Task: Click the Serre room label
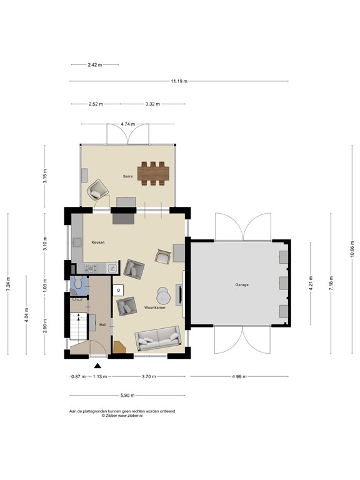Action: point(127,176)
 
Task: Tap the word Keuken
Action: point(98,242)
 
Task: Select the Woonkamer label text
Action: point(154,308)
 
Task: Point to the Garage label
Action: point(242,284)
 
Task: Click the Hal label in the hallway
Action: point(102,325)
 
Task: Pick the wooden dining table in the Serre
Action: point(154,174)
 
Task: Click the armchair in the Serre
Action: point(97,190)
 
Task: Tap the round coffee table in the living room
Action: point(164,294)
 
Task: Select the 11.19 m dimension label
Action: point(179,81)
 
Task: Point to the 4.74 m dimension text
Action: point(128,124)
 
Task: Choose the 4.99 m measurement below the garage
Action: point(239,377)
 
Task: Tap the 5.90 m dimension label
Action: point(126,396)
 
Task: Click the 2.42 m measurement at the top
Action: point(94,64)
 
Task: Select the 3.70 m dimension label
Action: point(148,377)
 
